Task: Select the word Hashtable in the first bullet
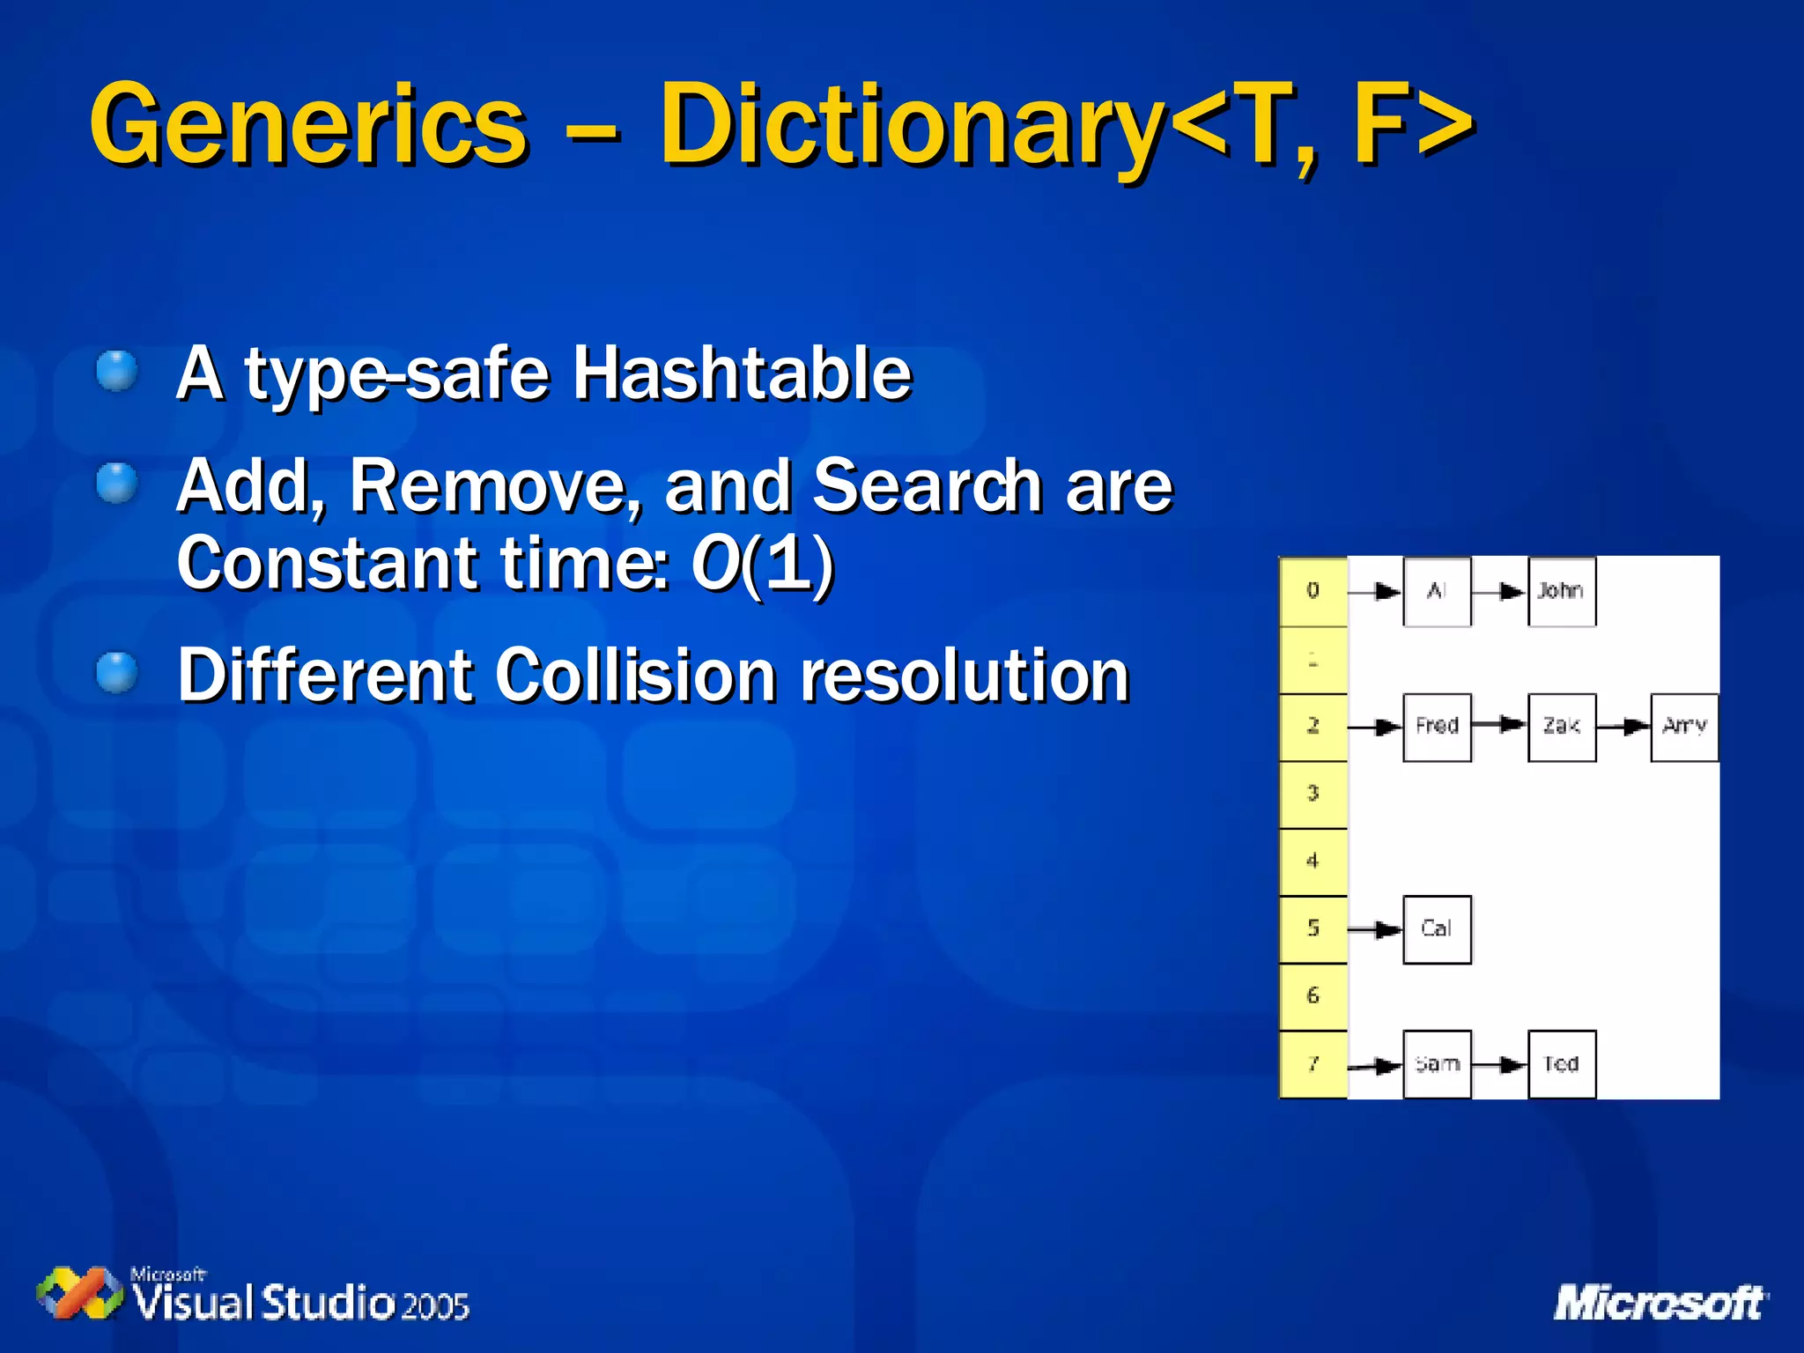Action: [742, 373]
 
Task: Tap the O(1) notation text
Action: [762, 564]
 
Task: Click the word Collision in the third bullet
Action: [635, 676]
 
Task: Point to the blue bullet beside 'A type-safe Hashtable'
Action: [116, 371]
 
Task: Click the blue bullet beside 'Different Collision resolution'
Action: [116, 674]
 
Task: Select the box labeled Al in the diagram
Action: [1437, 591]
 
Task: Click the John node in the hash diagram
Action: [1561, 591]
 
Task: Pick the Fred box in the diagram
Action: [1437, 727]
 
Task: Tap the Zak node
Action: [1561, 727]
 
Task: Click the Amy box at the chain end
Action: [1684, 727]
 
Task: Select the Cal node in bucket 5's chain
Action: [1437, 929]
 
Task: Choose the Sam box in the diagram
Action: [1437, 1064]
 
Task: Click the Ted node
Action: [1561, 1064]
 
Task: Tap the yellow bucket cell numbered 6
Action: [1312, 996]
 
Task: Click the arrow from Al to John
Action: [1499, 592]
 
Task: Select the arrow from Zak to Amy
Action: [1623, 727]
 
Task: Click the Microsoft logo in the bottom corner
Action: [1660, 1303]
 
